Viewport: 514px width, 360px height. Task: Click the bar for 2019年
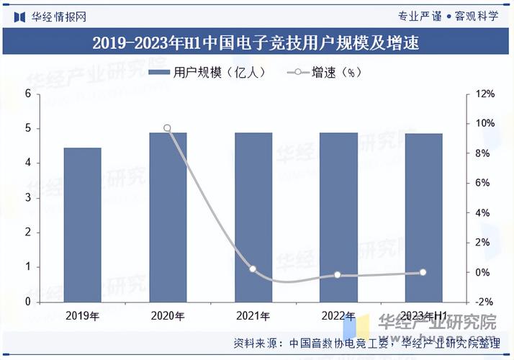82,225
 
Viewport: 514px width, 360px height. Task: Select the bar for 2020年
168,217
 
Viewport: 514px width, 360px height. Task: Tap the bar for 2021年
253,217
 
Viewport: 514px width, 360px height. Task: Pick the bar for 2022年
338,217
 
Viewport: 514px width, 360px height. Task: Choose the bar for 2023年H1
423,217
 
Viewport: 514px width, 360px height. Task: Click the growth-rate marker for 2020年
167,128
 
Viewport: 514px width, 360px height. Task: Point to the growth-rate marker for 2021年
253,269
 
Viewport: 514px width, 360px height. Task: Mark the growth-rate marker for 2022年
338,275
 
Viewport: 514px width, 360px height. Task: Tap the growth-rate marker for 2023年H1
423,272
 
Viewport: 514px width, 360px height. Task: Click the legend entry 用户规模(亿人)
209,72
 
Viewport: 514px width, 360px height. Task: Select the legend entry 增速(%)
325,72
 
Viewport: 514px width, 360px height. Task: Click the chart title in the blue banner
256,43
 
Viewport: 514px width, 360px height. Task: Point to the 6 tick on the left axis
28,94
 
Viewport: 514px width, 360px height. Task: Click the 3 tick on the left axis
28,198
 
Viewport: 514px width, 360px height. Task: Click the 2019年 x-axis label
82,315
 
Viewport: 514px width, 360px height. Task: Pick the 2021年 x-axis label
253,315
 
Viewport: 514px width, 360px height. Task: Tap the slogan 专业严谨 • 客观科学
447,16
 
